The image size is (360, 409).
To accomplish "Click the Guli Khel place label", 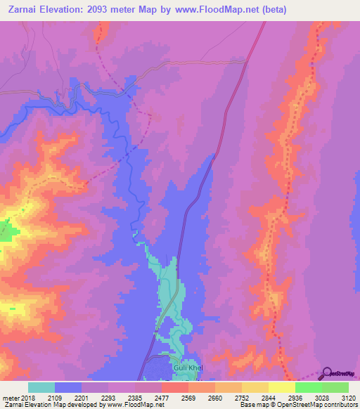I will click(x=188, y=368).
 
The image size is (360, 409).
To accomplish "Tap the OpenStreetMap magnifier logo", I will click(x=328, y=372).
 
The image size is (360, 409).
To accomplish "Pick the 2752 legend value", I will click(x=242, y=398).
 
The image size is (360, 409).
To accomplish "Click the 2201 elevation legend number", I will click(x=82, y=398).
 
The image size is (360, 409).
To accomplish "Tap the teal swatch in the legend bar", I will click(x=41, y=387).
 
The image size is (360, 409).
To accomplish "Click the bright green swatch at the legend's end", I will click(x=335, y=387).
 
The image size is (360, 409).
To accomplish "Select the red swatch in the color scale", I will click(x=175, y=387).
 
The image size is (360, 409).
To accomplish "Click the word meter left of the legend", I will click(x=8, y=398).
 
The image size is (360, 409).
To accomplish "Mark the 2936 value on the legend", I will click(x=295, y=398).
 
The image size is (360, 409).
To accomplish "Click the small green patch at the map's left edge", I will click(x=5, y=230).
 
